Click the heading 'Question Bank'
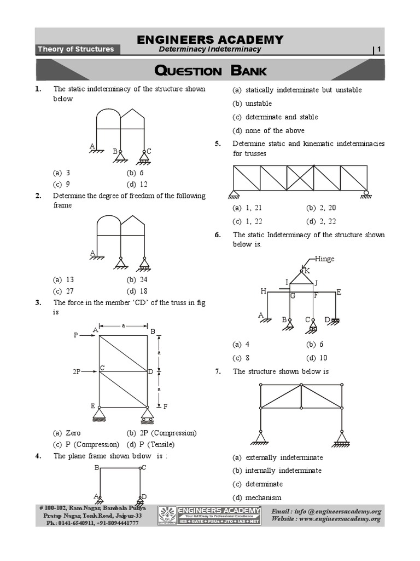click(x=211, y=71)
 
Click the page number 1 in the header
click(x=378, y=50)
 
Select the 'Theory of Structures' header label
click(x=75, y=49)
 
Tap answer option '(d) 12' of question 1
click(x=137, y=184)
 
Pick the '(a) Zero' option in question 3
click(x=67, y=433)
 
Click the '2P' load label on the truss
click(x=77, y=371)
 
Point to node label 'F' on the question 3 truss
click(x=165, y=407)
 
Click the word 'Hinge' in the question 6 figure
click(x=324, y=259)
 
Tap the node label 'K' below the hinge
click(x=307, y=271)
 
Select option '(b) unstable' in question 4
click(x=252, y=104)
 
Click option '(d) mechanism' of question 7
click(x=256, y=497)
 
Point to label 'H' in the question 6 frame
click(x=263, y=292)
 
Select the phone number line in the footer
click(x=92, y=523)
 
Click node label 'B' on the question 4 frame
click(x=97, y=467)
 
